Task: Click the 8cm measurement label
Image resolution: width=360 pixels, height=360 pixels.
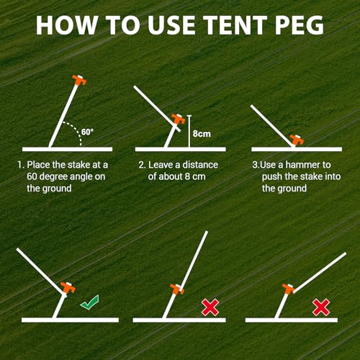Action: (x=202, y=132)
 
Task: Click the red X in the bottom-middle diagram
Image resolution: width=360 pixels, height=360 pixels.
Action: (x=210, y=307)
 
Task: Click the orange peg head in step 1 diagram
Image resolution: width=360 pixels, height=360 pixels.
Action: (x=76, y=81)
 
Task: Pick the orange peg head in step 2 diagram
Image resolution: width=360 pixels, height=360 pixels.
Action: (x=176, y=120)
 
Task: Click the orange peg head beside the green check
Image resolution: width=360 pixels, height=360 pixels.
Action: (x=68, y=289)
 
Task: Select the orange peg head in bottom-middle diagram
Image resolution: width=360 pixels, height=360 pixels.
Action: (x=175, y=291)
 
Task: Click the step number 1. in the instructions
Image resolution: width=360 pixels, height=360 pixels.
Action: (x=20, y=165)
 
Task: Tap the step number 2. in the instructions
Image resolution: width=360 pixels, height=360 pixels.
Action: (x=142, y=165)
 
